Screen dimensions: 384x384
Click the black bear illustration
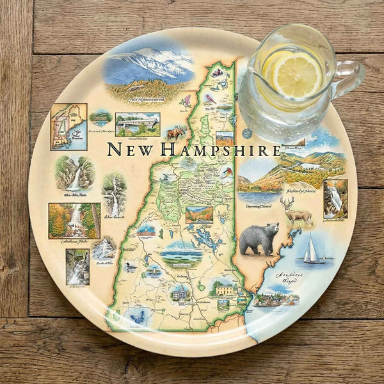tap(259, 238)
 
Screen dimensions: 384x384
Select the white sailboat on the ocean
tap(312, 249)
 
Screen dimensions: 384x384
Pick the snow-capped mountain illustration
tap(148, 65)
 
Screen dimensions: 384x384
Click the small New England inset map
tap(68, 126)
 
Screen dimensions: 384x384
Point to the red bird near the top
tap(210, 98)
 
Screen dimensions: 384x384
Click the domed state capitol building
tap(180, 293)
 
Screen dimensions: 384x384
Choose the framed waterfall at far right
tap(335, 198)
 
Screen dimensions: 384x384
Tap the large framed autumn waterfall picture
tap(74, 220)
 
